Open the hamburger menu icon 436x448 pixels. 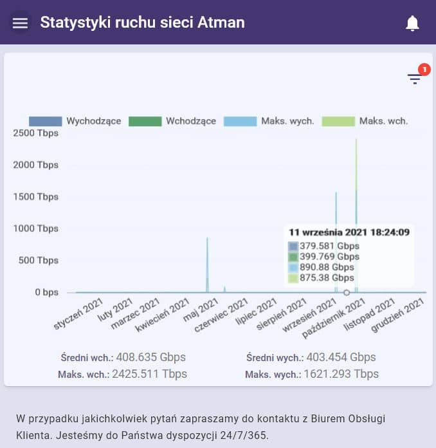pos(21,23)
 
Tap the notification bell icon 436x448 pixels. pos(412,23)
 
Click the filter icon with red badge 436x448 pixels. pos(415,79)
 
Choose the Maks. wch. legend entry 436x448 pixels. pos(365,121)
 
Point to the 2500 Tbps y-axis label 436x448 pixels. pos(35,133)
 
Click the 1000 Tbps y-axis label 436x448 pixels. pos(35,229)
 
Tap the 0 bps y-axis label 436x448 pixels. pos(46,292)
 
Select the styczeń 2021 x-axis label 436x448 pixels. pos(79,313)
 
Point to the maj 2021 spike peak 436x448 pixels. pos(207,239)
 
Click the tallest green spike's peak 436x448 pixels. pos(356,139)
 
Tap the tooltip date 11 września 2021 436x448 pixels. pos(349,232)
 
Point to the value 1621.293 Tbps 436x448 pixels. pos(341,374)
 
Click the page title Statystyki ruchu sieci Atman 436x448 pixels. pos(142,23)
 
